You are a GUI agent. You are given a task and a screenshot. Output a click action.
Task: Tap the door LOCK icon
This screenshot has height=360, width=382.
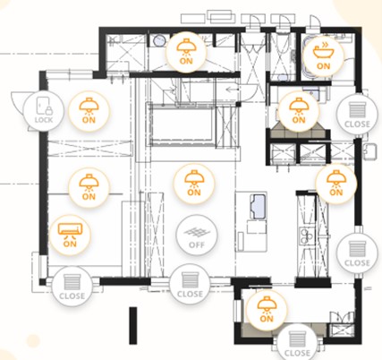click(x=44, y=110)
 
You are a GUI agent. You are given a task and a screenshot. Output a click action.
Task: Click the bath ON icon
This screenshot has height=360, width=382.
click(x=323, y=55)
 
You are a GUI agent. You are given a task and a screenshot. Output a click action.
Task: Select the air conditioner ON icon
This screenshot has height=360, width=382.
click(x=70, y=235)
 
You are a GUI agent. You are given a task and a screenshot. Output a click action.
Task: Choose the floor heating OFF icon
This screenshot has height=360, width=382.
click(x=197, y=235)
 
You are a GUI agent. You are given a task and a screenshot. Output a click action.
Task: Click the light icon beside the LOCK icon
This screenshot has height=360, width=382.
click(x=89, y=110)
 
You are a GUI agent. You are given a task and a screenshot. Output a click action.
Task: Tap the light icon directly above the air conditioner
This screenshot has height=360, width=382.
click(x=89, y=187)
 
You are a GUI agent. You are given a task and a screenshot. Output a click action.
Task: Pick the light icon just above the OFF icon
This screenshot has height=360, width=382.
click(x=194, y=184)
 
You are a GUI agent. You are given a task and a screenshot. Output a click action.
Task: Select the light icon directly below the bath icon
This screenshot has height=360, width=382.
click(x=299, y=110)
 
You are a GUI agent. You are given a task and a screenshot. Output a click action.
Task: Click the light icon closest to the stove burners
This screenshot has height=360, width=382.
click(x=336, y=184)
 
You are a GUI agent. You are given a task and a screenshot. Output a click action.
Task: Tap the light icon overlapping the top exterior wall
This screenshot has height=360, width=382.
click(x=186, y=51)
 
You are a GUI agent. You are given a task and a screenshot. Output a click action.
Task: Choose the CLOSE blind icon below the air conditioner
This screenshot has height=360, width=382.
click(x=72, y=287)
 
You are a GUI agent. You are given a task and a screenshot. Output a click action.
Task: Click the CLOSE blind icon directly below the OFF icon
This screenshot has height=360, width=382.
click(x=190, y=285)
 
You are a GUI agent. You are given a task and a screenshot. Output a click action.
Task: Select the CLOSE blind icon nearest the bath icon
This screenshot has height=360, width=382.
click(x=357, y=115)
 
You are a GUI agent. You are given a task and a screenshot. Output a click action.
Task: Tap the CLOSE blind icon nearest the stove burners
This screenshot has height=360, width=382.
click(x=357, y=253)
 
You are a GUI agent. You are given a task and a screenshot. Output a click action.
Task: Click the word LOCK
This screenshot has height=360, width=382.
click(x=44, y=120)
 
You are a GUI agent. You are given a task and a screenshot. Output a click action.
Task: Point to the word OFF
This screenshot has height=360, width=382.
click(x=197, y=244)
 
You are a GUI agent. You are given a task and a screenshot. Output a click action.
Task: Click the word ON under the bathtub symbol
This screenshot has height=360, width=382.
click(x=324, y=65)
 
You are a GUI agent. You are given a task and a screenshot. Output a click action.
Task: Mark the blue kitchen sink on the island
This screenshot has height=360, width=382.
click(x=259, y=207)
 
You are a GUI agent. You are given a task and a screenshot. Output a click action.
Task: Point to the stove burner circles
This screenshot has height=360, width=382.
click(x=306, y=236)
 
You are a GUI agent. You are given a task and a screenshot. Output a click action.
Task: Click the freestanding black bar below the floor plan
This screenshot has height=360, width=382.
click(x=133, y=325)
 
